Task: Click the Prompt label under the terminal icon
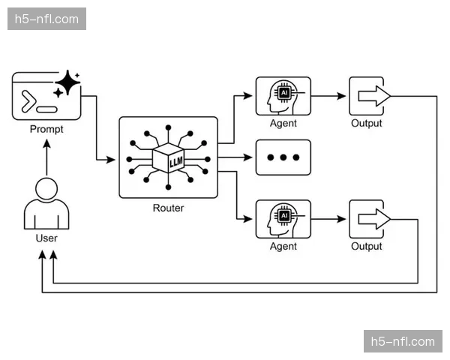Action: pyautogui.click(x=46, y=129)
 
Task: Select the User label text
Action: pyautogui.click(x=46, y=238)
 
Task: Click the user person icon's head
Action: pyautogui.click(x=46, y=188)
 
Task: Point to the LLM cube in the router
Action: pyautogui.click(x=168, y=158)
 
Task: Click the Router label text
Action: pyautogui.click(x=168, y=208)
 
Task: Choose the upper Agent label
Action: pyautogui.click(x=283, y=124)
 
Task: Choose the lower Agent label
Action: pyautogui.click(x=283, y=247)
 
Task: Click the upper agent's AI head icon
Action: pyautogui.click(x=283, y=95)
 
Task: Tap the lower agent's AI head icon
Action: pyautogui.click(x=283, y=218)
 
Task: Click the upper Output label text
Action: pyautogui.click(x=367, y=124)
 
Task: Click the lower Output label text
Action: pyautogui.click(x=367, y=247)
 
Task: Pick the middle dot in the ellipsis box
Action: pyautogui.click(x=283, y=157)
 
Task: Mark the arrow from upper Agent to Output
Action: pyautogui.click(x=329, y=95)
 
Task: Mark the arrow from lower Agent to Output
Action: pyautogui.click(x=329, y=218)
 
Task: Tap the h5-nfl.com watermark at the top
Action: pyautogui.click(x=47, y=19)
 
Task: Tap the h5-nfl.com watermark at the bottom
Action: pyautogui.click(x=403, y=342)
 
